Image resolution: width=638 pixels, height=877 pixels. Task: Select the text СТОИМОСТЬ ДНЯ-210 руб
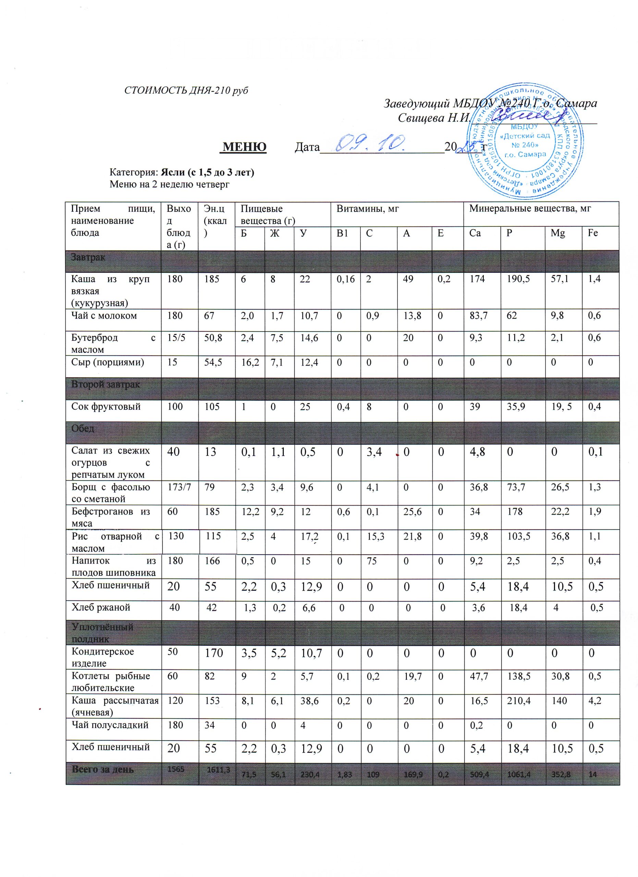click(x=186, y=90)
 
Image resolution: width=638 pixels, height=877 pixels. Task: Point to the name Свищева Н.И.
click(x=434, y=118)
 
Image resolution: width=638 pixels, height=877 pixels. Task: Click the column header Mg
click(x=557, y=233)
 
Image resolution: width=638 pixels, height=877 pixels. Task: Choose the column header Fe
click(x=593, y=233)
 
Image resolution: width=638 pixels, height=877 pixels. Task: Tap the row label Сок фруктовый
click(x=106, y=406)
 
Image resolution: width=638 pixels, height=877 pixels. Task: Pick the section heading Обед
click(x=83, y=429)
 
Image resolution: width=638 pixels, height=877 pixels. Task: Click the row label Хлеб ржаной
click(x=100, y=607)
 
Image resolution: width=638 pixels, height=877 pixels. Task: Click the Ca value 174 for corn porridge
click(x=477, y=279)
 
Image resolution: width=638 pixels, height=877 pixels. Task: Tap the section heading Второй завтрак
click(x=105, y=384)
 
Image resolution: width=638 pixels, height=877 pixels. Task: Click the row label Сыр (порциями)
click(x=108, y=362)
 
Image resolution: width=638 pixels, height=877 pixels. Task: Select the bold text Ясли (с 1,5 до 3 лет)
click(x=208, y=172)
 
